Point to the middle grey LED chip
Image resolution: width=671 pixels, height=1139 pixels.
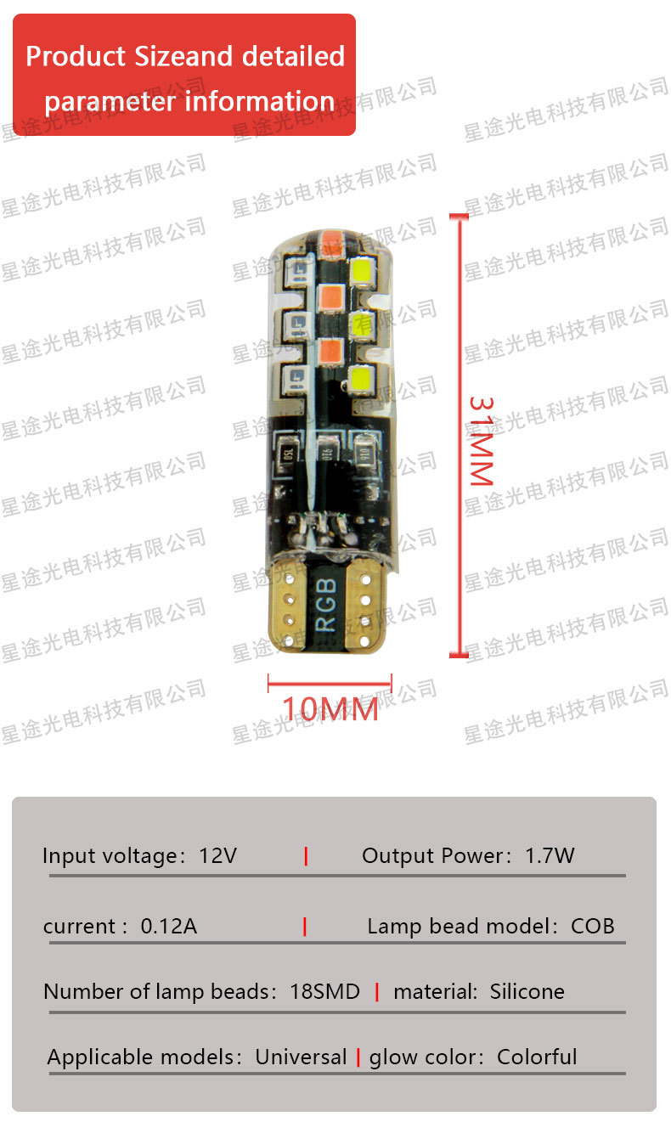pyautogui.click(x=297, y=322)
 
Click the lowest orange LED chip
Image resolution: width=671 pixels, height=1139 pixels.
pyautogui.click(x=330, y=350)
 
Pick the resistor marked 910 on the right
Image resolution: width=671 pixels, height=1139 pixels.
pyautogui.click(x=367, y=449)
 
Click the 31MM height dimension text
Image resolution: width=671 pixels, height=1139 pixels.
pyautogui.click(x=482, y=440)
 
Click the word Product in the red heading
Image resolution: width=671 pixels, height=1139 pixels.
pyautogui.click(x=77, y=56)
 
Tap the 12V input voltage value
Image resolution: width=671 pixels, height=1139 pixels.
pyautogui.click(x=217, y=855)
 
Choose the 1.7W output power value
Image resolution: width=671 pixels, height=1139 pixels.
pyautogui.click(x=550, y=855)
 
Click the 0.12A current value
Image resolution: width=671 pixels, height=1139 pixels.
pyautogui.click(x=168, y=926)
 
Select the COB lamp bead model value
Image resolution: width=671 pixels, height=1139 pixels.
pyautogui.click(x=592, y=926)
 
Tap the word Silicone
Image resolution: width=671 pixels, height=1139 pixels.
pyautogui.click(x=527, y=991)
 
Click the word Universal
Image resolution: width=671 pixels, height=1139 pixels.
pyautogui.click(x=301, y=1057)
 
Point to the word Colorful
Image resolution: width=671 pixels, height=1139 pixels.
pyautogui.click(x=537, y=1057)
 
